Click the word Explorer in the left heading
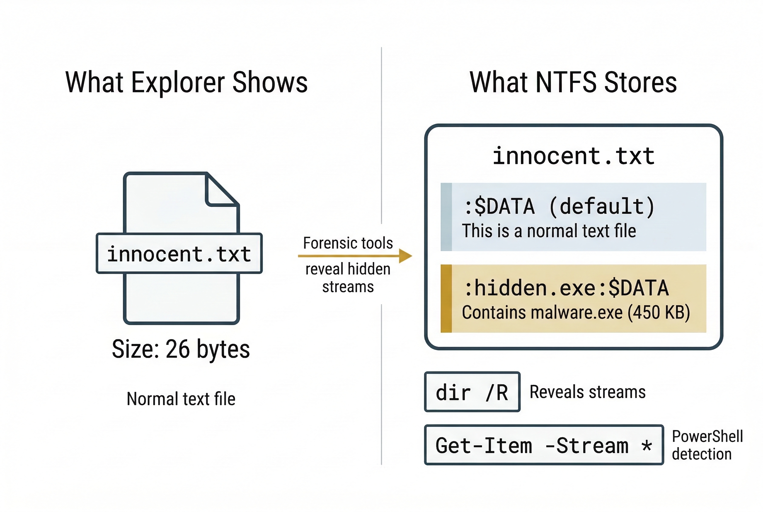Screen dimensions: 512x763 point(178,83)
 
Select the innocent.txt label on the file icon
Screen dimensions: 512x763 point(179,254)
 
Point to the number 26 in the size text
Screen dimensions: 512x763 point(177,349)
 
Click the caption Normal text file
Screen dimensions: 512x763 point(181,399)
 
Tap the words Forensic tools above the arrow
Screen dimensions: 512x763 point(348,243)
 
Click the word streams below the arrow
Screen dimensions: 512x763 point(348,287)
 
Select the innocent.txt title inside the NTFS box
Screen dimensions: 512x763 point(573,156)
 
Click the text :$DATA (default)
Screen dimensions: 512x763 point(559,206)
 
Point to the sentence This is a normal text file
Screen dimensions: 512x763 point(548,231)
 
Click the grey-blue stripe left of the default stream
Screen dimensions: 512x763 point(446,217)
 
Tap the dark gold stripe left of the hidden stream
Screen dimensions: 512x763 point(446,299)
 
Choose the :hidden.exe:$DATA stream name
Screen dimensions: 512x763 point(566,288)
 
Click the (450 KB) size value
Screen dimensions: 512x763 point(659,312)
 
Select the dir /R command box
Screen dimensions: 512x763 point(472,392)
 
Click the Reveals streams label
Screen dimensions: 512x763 point(587,392)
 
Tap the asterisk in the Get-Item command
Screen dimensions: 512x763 point(646,445)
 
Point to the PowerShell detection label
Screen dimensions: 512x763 point(707,445)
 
